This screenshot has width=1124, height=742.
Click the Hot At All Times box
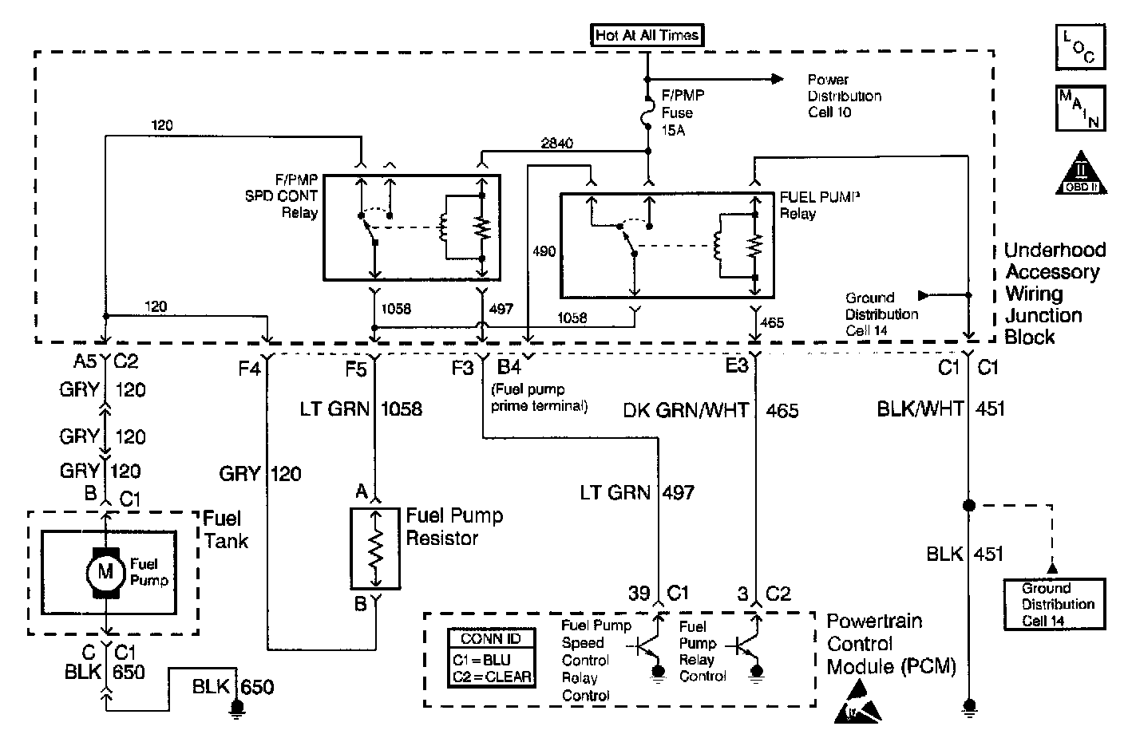pos(647,35)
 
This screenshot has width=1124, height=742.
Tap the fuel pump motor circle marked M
pos(105,572)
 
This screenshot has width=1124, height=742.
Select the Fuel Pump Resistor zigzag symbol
pos(375,549)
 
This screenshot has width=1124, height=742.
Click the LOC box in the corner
pos(1080,48)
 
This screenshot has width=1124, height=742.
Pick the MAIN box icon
pos(1080,108)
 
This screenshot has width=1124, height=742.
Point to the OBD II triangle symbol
pos(1081,173)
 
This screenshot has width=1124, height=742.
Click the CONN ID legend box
pos(491,657)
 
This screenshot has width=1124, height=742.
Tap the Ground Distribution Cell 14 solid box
pos(1055,604)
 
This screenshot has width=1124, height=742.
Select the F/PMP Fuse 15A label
pos(683,112)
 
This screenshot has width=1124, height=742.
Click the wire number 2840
pos(556,144)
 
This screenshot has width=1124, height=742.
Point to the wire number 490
pos(544,251)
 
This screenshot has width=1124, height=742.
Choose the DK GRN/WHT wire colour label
pos(686,411)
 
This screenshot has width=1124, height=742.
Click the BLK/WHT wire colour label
pos(920,408)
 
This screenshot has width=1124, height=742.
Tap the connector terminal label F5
pos(356,369)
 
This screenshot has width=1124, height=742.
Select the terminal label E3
pos(737,366)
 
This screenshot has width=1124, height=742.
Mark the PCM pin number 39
pos(639,594)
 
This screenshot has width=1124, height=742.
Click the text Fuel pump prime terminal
pos(540,397)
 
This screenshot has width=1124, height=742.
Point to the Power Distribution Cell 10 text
pos(845,96)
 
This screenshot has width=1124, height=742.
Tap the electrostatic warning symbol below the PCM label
pos(857,703)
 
